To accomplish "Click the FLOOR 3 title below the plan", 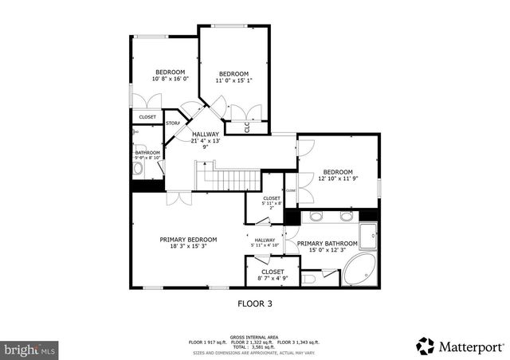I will click(x=255, y=303).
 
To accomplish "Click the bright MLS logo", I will click(x=29, y=349).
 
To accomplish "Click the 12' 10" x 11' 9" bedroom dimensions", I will click(x=337, y=178).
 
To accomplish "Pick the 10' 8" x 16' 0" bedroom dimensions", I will click(x=170, y=78).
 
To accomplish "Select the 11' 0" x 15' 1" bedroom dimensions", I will click(x=234, y=80).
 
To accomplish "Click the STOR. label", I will click(x=172, y=123).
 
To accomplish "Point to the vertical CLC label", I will click(x=247, y=127).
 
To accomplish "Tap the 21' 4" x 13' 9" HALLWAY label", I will click(x=205, y=140).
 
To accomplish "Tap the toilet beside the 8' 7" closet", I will click(x=309, y=278).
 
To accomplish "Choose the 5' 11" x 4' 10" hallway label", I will click(x=265, y=243).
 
